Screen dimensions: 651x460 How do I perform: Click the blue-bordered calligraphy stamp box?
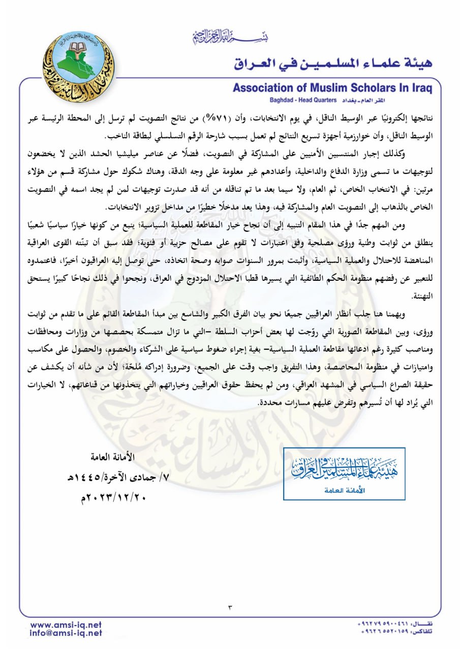[344, 474]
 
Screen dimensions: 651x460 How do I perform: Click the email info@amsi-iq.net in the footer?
[66, 633]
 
